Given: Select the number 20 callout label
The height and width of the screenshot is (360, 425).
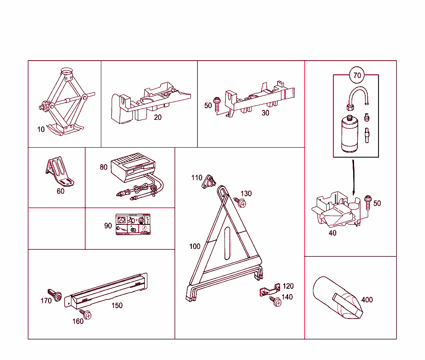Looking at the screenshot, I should click(x=158, y=117).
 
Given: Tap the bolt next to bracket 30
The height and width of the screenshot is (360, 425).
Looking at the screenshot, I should click(x=217, y=104).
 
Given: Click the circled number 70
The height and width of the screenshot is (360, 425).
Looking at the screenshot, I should click(x=357, y=75).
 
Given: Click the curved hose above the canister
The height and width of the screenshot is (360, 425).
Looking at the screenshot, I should click(x=358, y=95).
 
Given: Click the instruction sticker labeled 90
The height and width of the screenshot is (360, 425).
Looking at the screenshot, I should click(x=132, y=225).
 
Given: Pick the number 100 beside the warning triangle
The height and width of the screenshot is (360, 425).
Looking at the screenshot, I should click(x=195, y=246).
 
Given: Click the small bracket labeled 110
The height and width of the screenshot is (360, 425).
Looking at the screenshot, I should click(x=209, y=181).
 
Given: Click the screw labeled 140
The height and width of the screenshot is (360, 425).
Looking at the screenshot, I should click(x=276, y=302).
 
